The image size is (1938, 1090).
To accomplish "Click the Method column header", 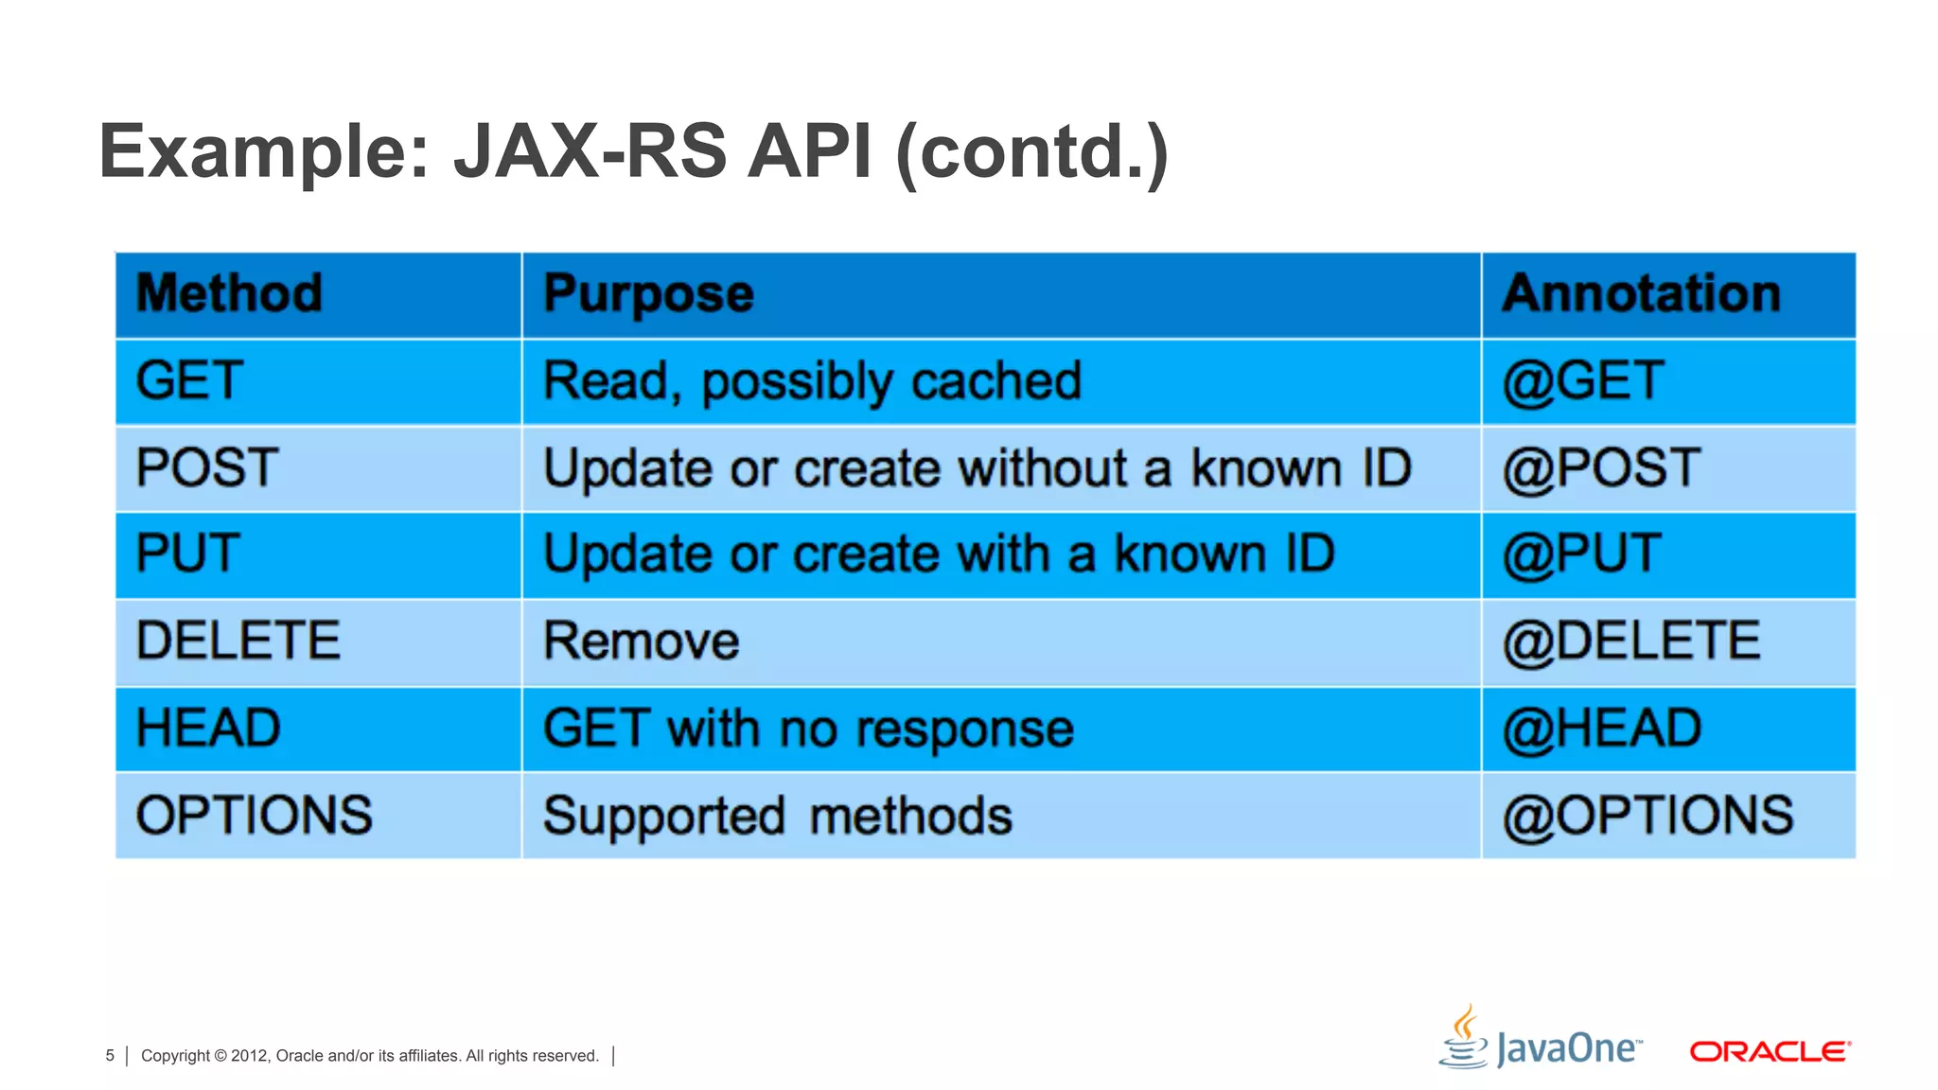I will point(229,293).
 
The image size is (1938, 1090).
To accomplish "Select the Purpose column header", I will point(648,293).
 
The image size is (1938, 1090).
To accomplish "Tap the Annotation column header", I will point(1642,293).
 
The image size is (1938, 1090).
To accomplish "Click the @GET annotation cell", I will point(1583,381).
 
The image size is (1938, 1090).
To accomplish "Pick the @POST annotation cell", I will point(1601,468).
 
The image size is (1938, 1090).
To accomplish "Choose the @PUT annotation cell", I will point(1581,554).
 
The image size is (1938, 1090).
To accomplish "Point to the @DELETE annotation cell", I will point(1631,642).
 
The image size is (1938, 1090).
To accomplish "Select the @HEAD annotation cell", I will point(1602,729).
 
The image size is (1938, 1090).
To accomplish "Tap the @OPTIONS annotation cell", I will point(1647,816).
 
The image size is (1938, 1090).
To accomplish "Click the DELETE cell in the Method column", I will point(238,641).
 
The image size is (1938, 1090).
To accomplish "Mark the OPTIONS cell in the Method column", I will point(255,816).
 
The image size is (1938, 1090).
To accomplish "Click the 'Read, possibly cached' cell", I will point(812,381).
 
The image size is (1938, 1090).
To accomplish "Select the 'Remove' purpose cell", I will point(642,642).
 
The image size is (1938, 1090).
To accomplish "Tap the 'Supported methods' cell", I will point(777,816).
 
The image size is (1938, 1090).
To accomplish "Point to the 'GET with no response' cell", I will point(808,729).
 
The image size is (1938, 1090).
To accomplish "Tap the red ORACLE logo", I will point(1770,1051).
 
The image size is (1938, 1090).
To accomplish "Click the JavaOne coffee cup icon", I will point(1464,1038).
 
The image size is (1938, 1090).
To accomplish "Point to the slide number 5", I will point(110,1056).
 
